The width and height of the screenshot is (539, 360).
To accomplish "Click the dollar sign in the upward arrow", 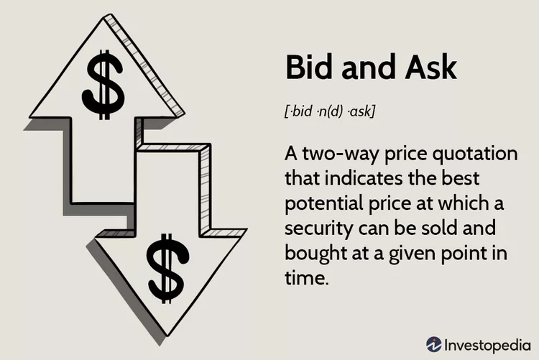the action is (x=102, y=85).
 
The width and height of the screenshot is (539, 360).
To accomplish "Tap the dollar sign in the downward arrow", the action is (x=167, y=269).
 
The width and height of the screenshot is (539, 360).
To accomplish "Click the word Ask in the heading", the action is (x=431, y=67).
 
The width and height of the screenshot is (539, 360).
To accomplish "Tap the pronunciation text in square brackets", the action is (x=330, y=111).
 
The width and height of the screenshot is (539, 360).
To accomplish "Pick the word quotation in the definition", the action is (x=475, y=153).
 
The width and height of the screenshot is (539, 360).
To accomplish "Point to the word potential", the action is (x=324, y=204).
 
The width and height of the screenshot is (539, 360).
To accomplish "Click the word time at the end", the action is (x=307, y=278).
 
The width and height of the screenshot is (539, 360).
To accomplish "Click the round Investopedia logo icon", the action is (x=434, y=344).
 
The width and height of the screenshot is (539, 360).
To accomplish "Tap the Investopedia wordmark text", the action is (x=487, y=345).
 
